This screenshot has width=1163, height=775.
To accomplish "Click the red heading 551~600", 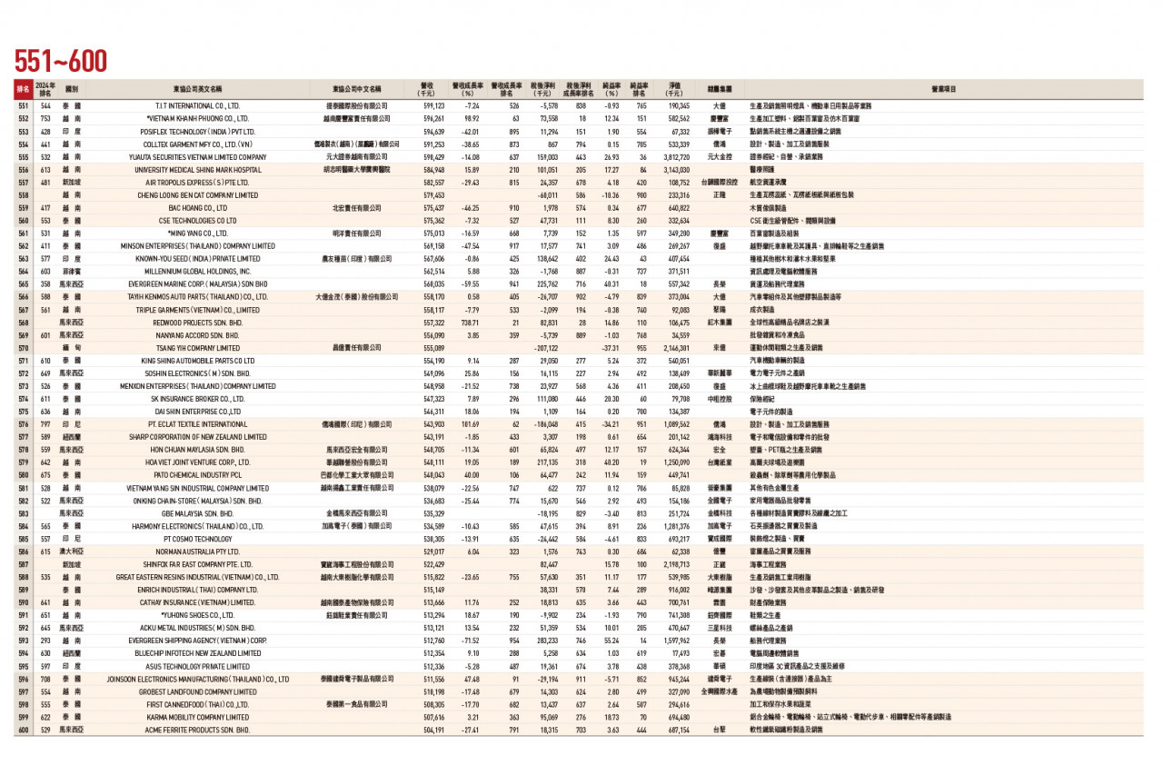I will [x=60, y=61].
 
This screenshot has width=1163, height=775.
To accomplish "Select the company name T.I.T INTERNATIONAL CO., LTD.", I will [x=197, y=106].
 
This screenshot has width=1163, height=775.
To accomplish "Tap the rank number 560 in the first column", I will [x=23, y=220].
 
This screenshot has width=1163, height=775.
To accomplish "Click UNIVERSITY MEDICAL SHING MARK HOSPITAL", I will [x=197, y=170].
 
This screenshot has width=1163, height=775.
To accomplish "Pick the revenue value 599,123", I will [x=433, y=106].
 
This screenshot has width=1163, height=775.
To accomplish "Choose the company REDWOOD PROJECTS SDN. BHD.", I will [x=197, y=322].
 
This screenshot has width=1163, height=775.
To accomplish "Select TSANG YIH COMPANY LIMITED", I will [x=197, y=348].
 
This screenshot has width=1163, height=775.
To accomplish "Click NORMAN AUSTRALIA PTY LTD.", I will [x=197, y=551].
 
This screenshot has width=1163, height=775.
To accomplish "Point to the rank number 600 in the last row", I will [x=23, y=730].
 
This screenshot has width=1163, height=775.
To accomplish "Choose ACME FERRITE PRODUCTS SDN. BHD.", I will [x=197, y=730].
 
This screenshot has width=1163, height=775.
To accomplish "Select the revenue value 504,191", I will [x=433, y=730].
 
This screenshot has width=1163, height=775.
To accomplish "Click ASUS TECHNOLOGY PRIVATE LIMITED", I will [x=197, y=666].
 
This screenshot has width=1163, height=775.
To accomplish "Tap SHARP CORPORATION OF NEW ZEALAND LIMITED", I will [x=197, y=437].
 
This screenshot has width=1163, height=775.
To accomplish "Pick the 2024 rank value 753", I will [x=45, y=119].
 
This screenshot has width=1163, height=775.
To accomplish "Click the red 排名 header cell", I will [x=23, y=90].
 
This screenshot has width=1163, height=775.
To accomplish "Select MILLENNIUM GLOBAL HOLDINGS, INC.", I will [x=197, y=272].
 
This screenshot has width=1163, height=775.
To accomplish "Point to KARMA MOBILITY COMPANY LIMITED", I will [x=197, y=717].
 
